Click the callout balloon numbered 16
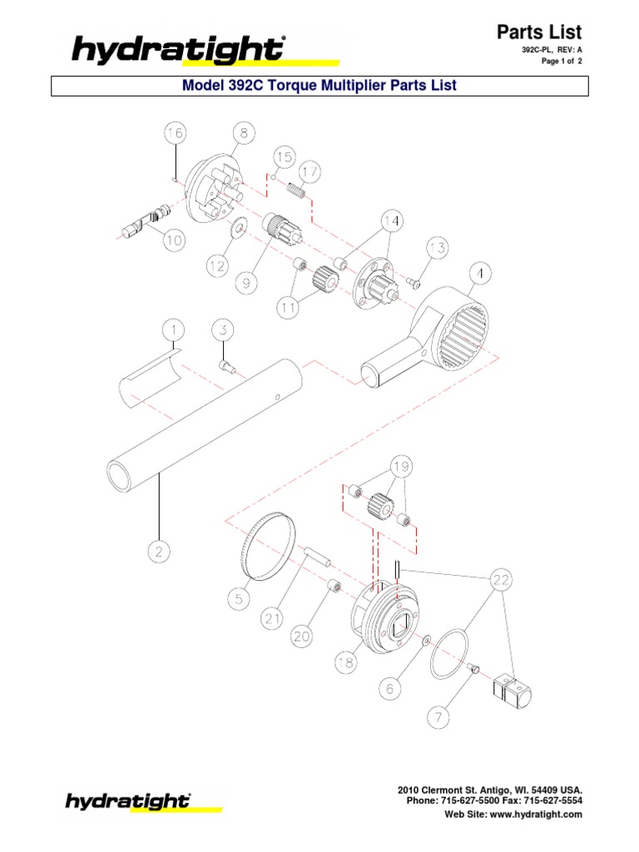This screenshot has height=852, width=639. pos(175,134)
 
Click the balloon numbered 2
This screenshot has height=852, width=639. pos(160,550)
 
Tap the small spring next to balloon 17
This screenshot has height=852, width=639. pos(298,193)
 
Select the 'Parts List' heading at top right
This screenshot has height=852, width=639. pos(538,32)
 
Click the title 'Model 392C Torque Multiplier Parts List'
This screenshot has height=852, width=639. pos(319,86)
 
